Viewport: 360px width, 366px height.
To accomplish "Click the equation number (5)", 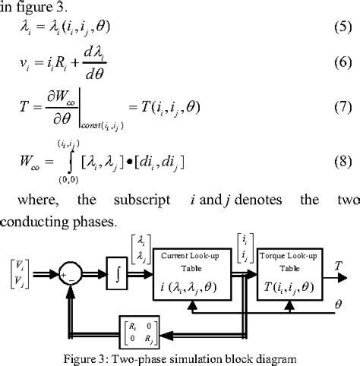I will pyautogui.click(x=339, y=30).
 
